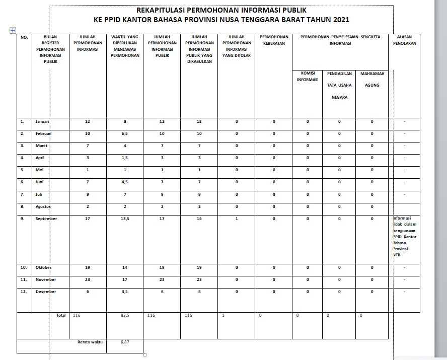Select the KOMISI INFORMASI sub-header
pyautogui.click(x=307, y=76)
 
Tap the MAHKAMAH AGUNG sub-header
pyautogui.click(x=372, y=79)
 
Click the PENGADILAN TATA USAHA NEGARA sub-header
pyautogui.click(x=339, y=85)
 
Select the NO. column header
pyautogui.click(x=24, y=37)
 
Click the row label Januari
pyautogui.click(x=43, y=121)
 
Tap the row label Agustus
pyautogui.click(x=43, y=206)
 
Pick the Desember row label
pyautogui.click(x=45, y=292)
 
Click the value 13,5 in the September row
pyautogui.click(x=124, y=219)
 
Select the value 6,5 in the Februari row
pyautogui.click(x=124, y=133)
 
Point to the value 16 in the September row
pyautogui.click(x=200, y=219)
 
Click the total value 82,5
pyautogui.click(x=125, y=316)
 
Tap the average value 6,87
pyautogui.click(x=125, y=342)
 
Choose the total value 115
pyautogui.click(x=189, y=316)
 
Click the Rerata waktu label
pyautogui.click(x=90, y=342)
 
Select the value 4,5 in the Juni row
pyautogui.click(x=124, y=182)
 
